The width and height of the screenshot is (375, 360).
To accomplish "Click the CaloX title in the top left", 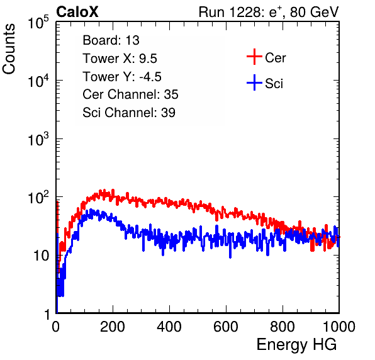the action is tap(77, 12).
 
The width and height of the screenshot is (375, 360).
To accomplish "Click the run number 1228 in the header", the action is tap(243, 12).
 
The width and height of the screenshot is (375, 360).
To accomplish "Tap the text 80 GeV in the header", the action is tap(315, 12).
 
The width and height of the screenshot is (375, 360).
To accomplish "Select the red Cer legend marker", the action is tap(254, 57).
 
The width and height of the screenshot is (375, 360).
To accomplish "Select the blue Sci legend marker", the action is tap(254, 82).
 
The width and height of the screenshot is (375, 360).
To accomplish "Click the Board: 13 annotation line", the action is tap(111, 40).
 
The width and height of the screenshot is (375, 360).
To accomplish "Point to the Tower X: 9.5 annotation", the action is tap(120, 59).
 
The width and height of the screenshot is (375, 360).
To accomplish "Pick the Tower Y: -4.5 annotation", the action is tap(122, 77).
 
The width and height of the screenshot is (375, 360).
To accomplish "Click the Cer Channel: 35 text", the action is tap(130, 94).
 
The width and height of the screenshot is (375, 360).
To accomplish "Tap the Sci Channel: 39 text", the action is tap(129, 113).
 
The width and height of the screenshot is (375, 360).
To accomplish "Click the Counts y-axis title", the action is tap(9, 49).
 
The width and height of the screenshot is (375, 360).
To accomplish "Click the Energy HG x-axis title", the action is tap(296, 345).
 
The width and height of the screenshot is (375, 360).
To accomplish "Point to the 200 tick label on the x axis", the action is tap(113, 327).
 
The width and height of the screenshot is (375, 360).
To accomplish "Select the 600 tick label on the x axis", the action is tap(226, 327).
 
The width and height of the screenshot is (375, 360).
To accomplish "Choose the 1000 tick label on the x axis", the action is tap(339, 327).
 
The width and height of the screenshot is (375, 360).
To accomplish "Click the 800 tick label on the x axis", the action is tap(283, 327).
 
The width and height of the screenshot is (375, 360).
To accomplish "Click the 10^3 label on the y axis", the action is tap(38, 139).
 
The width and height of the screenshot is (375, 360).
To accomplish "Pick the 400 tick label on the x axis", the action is tap(169, 327).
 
